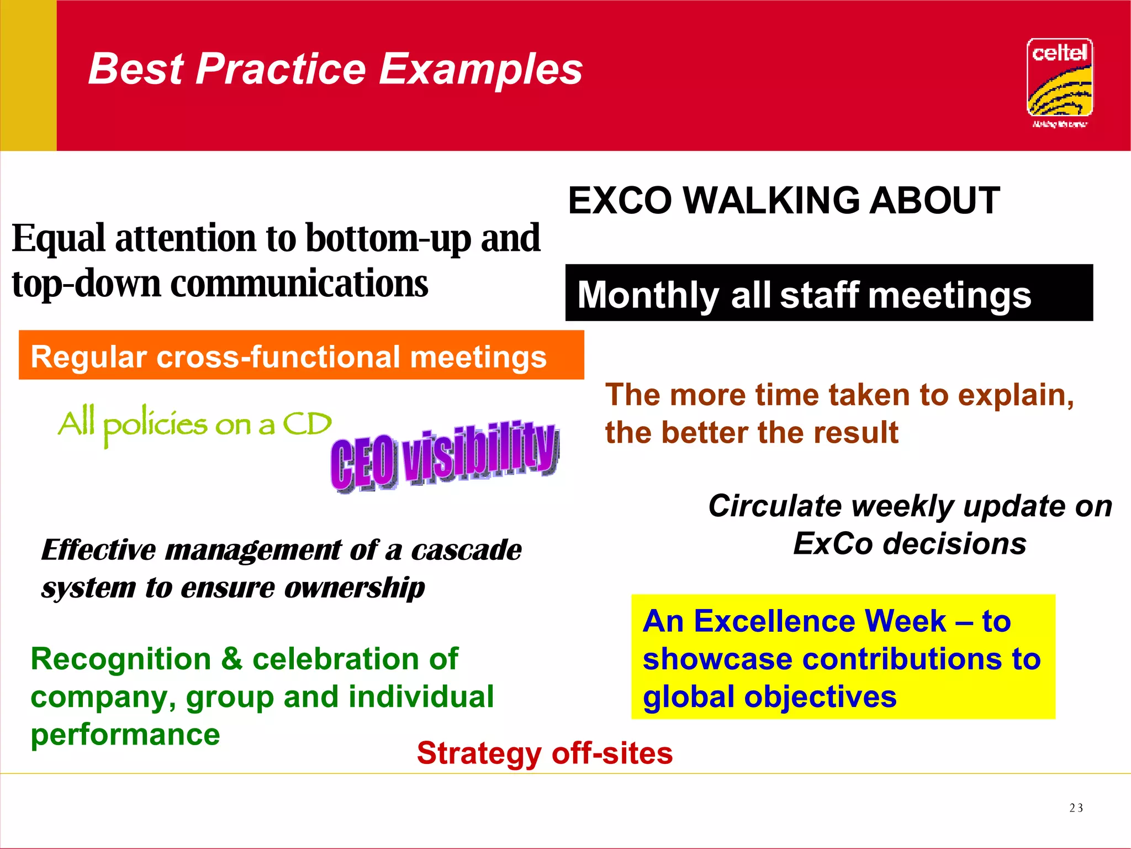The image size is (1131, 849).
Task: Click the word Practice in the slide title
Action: [280, 70]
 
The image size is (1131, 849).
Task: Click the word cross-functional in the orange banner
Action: [278, 357]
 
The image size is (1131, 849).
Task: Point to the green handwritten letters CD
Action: [307, 424]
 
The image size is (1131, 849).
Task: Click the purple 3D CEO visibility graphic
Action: [445, 457]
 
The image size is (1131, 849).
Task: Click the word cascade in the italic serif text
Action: [466, 550]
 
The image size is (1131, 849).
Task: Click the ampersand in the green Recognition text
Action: [232, 659]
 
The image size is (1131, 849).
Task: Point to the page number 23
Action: [1076, 808]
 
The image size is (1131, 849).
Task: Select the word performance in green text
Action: [125, 735]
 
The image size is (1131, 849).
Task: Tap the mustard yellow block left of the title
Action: [28, 75]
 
